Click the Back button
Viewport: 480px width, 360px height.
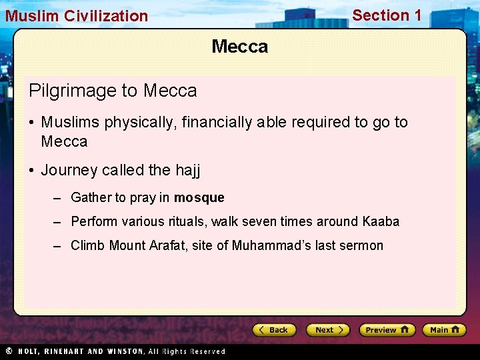click(x=274, y=330)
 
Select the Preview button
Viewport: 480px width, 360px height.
click(x=387, y=330)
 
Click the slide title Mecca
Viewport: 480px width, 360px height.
click(x=239, y=47)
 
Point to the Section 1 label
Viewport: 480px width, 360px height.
click(x=387, y=15)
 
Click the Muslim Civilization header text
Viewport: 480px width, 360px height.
click(x=77, y=16)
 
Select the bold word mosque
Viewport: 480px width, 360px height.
click(x=199, y=197)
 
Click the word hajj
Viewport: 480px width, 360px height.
click(x=187, y=170)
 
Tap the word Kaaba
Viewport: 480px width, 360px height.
click(x=381, y=221)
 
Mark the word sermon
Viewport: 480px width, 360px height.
click(x=361, y=245)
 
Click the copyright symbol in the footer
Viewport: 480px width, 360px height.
click(x=9, y=351)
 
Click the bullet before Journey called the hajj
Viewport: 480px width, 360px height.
click(x=32, y=170)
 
